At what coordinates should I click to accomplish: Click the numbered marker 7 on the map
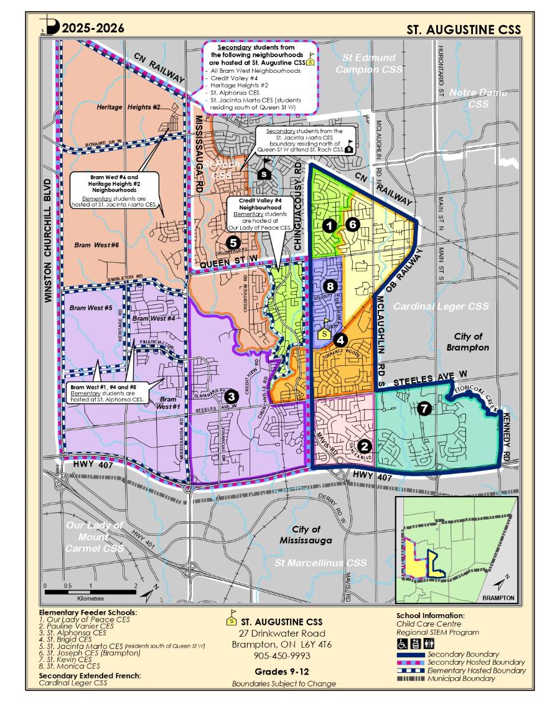(x=424, y=409)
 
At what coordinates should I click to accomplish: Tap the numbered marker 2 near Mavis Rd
(x=365, y=446)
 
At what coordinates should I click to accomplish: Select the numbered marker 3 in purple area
(x=231, y=396)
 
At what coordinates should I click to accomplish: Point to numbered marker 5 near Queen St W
(x=233, y=243)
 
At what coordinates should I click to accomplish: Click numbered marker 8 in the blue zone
(x=330, y=286)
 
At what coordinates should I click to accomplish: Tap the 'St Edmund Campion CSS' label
(x=365, y=63)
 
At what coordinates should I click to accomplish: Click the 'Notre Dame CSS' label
(x=478, y=98)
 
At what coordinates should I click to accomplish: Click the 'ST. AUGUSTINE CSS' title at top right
(x=464, y=29)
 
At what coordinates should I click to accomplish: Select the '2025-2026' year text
(x=93, y=28)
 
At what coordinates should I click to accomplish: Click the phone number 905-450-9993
(x=282, y=656)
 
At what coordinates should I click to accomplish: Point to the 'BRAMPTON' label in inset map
(x=498, y=597)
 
